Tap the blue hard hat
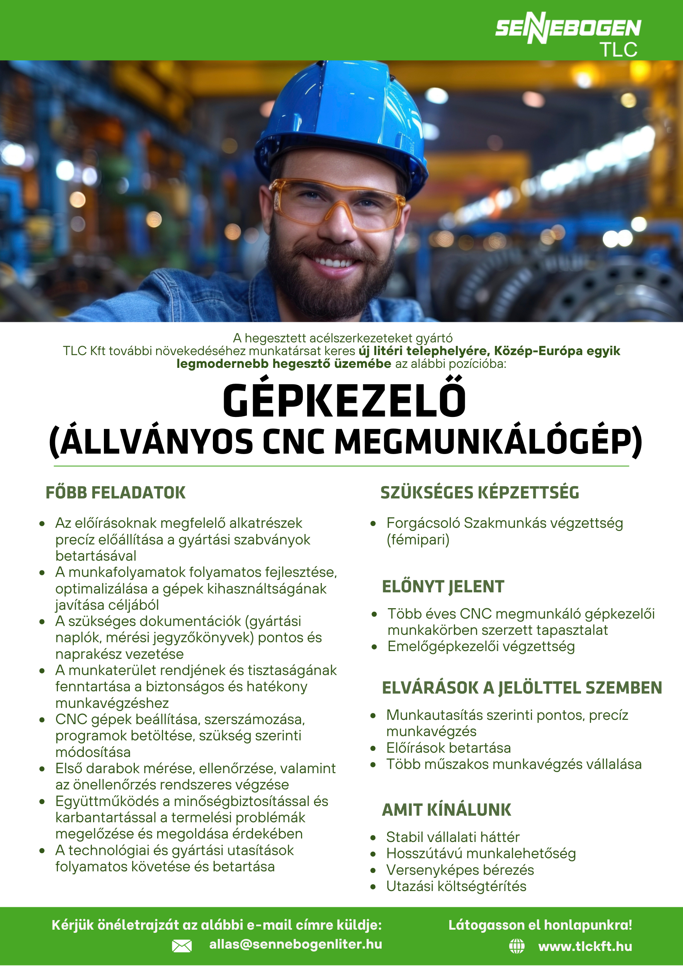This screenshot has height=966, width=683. tap(345, 122)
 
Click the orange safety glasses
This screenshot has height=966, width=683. tap(336, 204)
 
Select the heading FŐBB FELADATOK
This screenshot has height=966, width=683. tap(115, 493)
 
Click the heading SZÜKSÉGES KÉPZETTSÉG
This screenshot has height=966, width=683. tap(479, 493)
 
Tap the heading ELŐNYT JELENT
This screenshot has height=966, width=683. tap(443, 587)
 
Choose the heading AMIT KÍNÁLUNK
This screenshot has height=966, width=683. tap(446, 810)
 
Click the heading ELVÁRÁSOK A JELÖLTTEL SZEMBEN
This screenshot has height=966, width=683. tap(522, 688)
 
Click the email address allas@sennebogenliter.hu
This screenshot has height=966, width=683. tap(296, 944)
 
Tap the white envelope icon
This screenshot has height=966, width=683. tap(182, 946)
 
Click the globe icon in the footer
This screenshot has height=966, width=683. tap(516, 946)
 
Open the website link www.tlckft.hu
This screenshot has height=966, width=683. tap(585, 946)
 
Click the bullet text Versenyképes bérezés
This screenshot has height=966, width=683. tap(460, 870)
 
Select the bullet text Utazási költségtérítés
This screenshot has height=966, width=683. tap(456, 886)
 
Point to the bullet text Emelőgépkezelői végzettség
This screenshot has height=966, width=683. tap(481, 646)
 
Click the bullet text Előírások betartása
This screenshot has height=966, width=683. tap(449, 748)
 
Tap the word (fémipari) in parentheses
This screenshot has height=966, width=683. tap(418, 539)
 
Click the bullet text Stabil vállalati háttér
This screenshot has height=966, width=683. tap(453, 837)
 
